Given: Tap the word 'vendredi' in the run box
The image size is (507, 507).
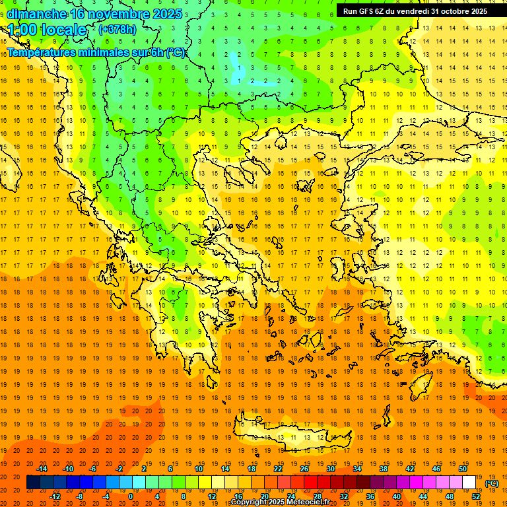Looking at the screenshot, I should [413, 11].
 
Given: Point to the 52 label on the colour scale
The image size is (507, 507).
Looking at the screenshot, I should [476, 496].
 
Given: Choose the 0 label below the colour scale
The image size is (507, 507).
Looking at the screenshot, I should [130, 496].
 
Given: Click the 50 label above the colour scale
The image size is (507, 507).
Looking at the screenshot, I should [463, 469].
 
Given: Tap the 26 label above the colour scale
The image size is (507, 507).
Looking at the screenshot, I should [304, 469].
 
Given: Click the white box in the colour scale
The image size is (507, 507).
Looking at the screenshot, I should [469, 483].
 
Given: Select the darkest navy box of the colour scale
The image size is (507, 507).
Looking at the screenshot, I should [33, 483].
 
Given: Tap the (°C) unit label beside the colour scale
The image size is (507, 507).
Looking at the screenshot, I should [492, 483].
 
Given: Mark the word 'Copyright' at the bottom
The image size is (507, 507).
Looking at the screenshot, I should [248, 502].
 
